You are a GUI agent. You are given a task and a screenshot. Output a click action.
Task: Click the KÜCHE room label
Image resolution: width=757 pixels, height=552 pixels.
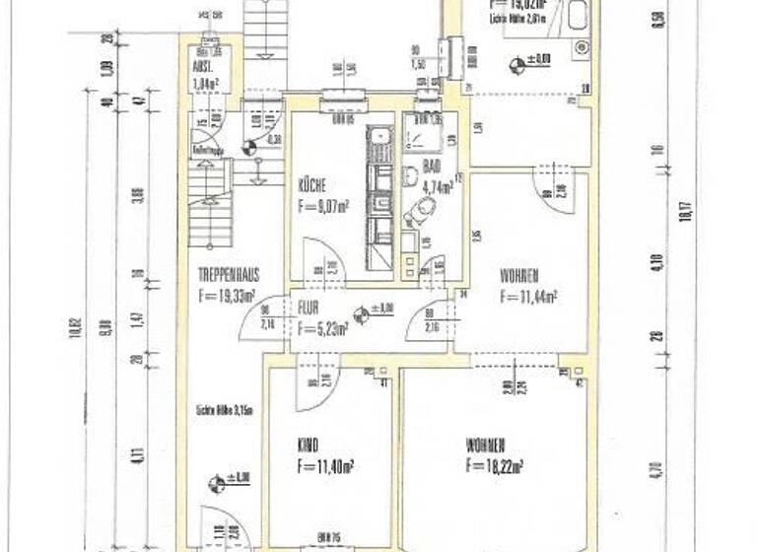tap(312, 185)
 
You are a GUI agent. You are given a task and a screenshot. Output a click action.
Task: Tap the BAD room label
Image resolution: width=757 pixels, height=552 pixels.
tap(431, 167)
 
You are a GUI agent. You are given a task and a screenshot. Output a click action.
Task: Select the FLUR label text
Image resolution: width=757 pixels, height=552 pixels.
tap(309, 307)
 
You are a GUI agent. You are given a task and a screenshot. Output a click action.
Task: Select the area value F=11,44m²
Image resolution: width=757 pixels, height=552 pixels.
tap(528, 294)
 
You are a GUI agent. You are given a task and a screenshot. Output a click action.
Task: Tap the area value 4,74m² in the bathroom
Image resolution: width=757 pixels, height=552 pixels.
tap(437, 183)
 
